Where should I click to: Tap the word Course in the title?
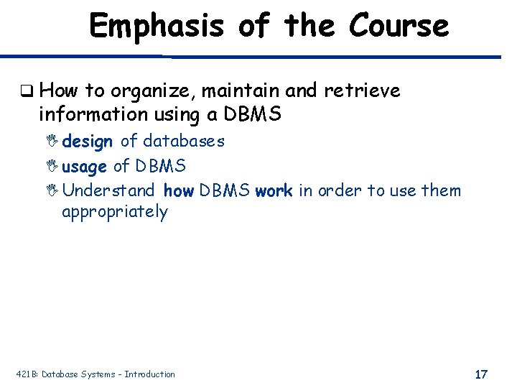click(399, 27)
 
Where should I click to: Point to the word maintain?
click(240, 91)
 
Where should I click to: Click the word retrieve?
click(362, 91)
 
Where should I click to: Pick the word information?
click(89, 114)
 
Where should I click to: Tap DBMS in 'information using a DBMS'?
click(253, 114)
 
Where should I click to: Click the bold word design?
click(87, 142)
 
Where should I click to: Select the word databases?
click(183, 141)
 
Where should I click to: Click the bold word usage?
click(85, 166)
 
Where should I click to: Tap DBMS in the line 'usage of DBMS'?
click(159, 166)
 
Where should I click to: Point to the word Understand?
click(108, 190)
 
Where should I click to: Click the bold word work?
click(274, 190)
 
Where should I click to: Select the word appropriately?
click(114, 212)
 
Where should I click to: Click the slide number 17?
click(481, 374)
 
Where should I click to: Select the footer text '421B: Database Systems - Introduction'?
click(96, 374)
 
